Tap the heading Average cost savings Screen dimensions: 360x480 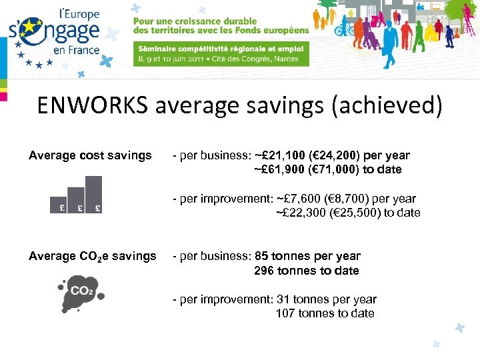click(90, 155)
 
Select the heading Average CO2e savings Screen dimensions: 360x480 click(92, 256)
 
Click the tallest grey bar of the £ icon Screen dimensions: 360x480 click(94, 195)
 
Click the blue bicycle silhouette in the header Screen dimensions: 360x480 click(343, 29)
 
